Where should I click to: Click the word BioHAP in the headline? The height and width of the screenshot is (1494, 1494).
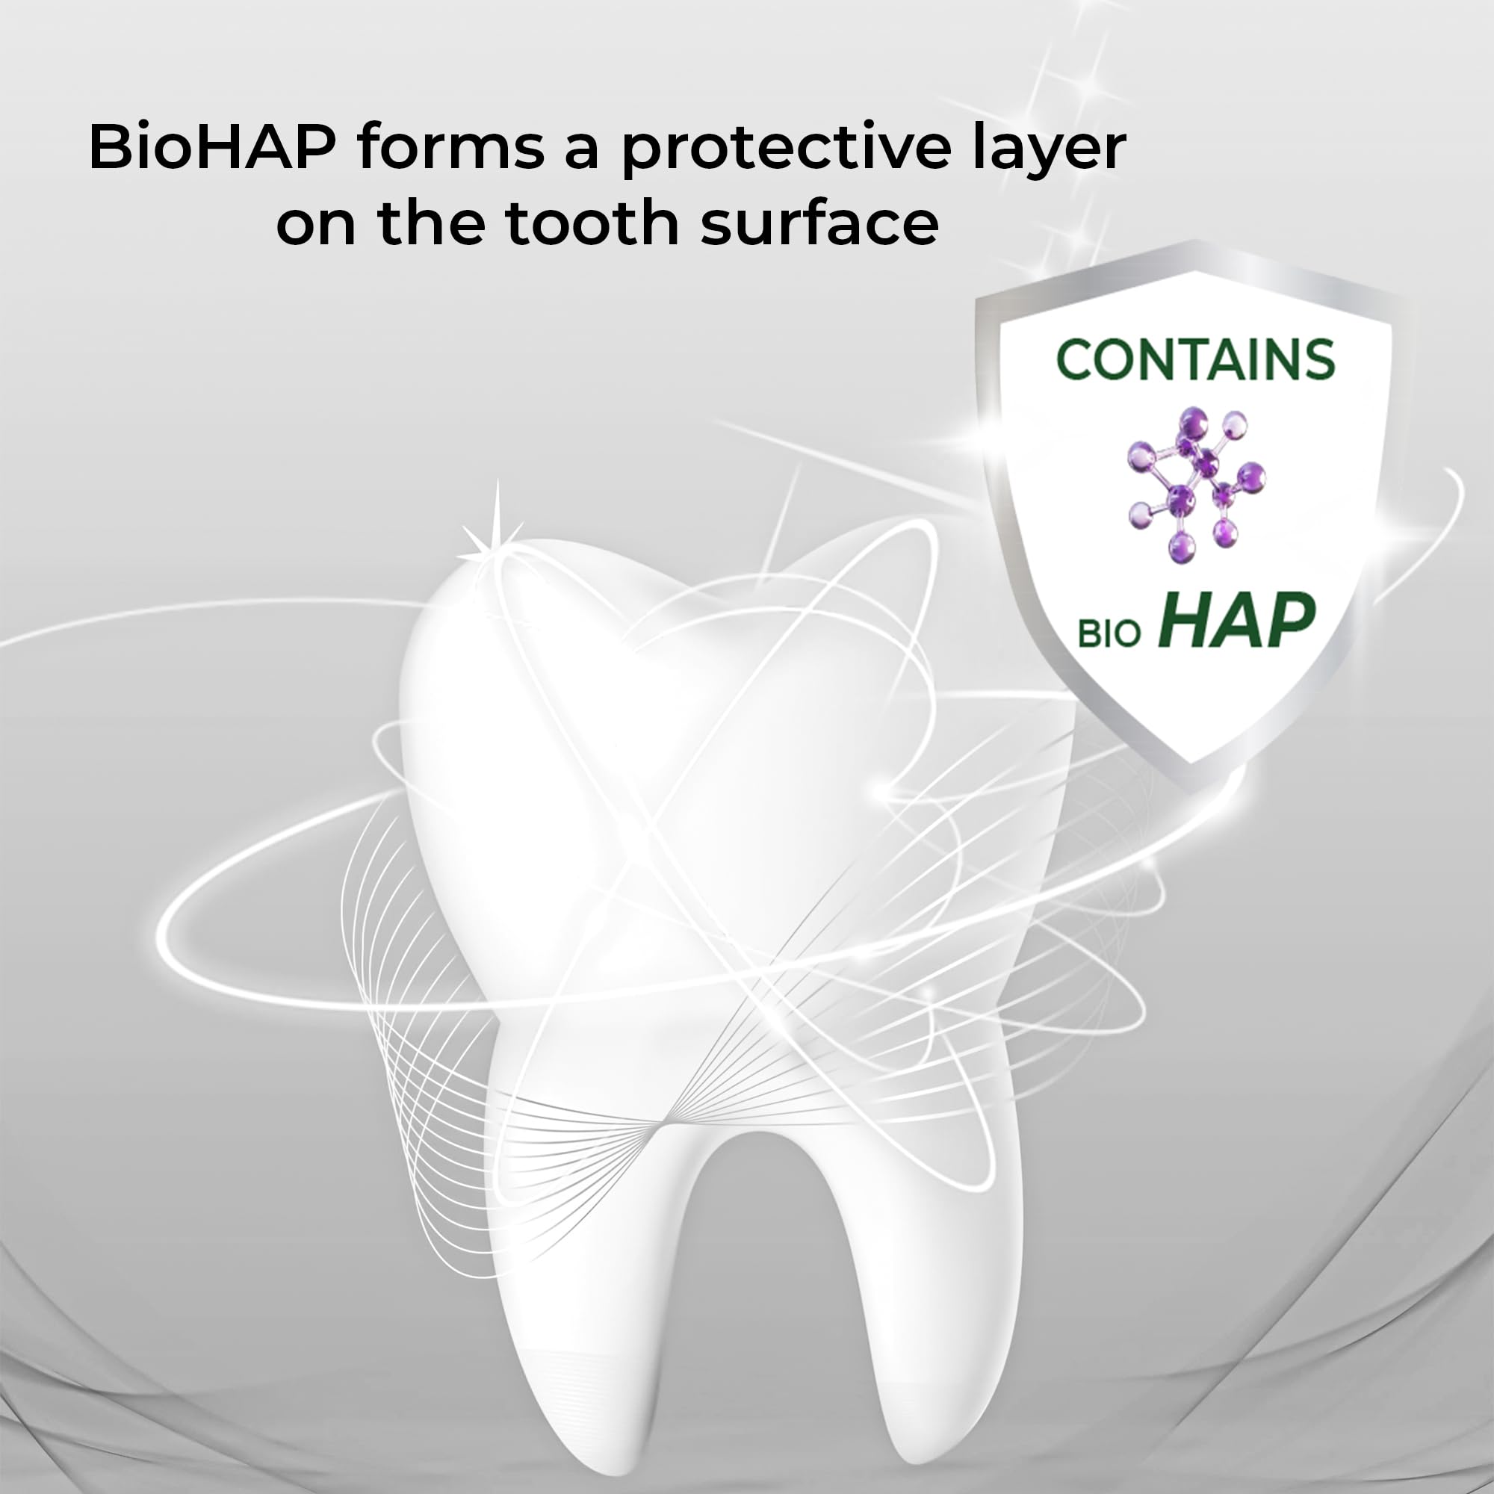click(x=212, y=146)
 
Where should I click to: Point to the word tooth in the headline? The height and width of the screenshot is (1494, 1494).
click(x=592, y=222)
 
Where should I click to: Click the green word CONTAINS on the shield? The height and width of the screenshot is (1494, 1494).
click(x=1194, y=359)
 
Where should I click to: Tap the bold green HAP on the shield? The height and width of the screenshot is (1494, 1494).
click(x=1238, y=620)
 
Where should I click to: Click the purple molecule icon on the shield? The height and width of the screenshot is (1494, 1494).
click(x=1195, y=485)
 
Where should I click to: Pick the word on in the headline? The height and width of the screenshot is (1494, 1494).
click(x=316, y=228)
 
